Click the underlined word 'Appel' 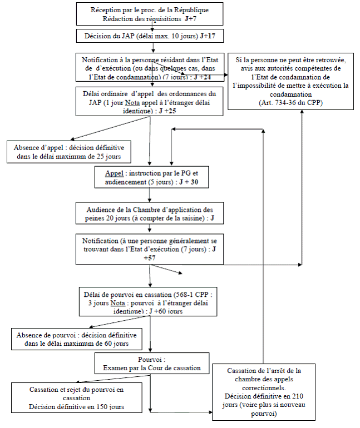pyautogui.click(x=114, y=172)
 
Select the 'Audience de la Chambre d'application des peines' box pyautogui.click(x=151, y=214)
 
